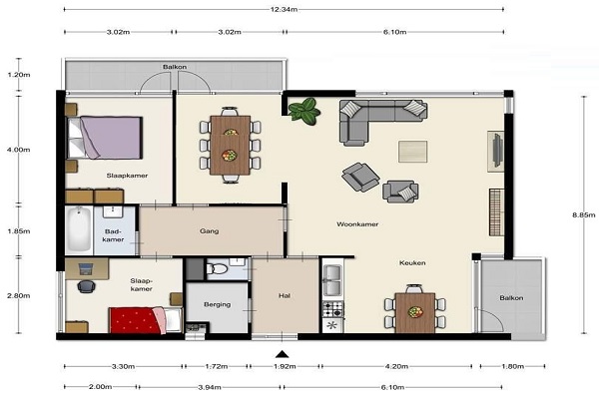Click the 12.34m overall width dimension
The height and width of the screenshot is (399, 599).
click(x=284, y=10)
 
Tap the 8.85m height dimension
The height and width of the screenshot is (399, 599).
click(x=583, y=215)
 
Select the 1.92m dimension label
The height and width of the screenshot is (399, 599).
click(x=285, y=366)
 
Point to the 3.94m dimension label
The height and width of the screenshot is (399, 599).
click(x=210, y=387)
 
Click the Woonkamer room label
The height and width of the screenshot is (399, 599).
click(x=357, y=224)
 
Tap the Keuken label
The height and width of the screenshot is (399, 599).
click(x=412, y=263)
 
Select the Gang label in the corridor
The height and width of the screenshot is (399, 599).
click(x=209, y=231)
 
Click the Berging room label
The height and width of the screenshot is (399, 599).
click(x=217, y=304)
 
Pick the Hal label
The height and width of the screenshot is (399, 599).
click(x=285, y=295)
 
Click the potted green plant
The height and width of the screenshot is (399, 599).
click(x=304, y=111)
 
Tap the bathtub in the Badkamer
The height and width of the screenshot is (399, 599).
click(x=79, y=229)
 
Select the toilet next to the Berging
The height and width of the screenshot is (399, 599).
click(x=217, y=268)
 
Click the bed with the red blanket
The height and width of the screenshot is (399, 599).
click(x=145, y=320)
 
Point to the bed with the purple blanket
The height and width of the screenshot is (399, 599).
click(x=105, y=138)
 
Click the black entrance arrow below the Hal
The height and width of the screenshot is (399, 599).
click(x=282, y=354)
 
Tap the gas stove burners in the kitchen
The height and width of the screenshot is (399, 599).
click(x=333, y=309)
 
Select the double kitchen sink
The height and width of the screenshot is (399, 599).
click(x=332, y=280)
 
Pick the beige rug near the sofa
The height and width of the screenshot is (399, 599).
click(x=412, y=152)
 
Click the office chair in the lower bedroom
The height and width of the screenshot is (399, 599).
click(x=86, y=286)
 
